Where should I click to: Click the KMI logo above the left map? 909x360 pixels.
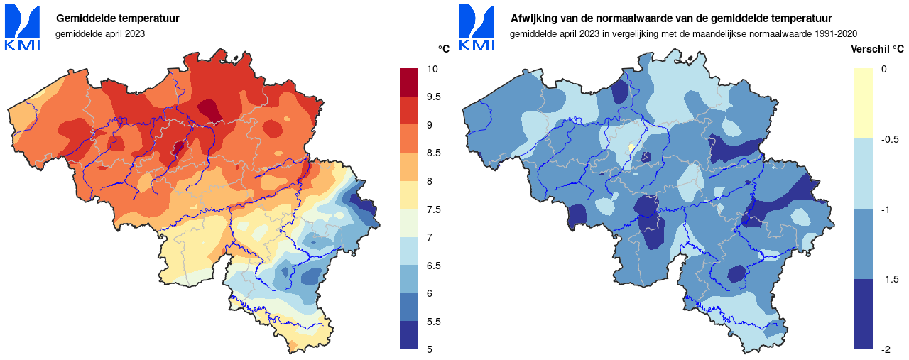pyautogui.click(x=23, y=28)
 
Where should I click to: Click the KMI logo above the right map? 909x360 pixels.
pyautogui.click(x=477, y=28)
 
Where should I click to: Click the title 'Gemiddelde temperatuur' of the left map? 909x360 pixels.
pyautogui.click(x=117, y=18)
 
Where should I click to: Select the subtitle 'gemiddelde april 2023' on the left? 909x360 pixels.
pyautogui.click(x=100, y=33)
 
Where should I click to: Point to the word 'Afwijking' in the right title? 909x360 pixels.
pyautogui.click(x=533, y=18)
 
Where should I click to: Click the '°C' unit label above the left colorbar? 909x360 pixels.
pyautogui.click(x=444, y=49)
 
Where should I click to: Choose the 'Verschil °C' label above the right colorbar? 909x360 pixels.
pyautogui.click(x=878, y=49)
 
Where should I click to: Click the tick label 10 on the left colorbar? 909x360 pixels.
pyautogui.click(x=432, y=69)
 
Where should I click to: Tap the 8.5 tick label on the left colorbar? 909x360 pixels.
pyautogui.click(x=435, y=153)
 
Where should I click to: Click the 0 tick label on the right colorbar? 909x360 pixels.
pyautogui.click(x=883, y=69)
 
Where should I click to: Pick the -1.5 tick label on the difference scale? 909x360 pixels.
pyautogui.click(x=889, y=279)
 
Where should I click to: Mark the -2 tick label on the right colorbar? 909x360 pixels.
pyautogui.click(x=886, y=349)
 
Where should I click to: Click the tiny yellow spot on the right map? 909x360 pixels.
pyautogui.click(x=631, y=148)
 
